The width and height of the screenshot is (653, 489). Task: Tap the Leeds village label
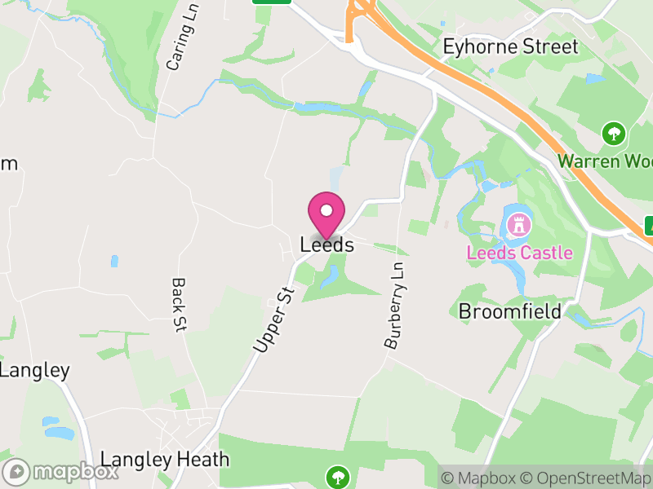coord(326,244)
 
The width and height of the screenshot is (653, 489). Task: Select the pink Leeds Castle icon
coord(518,223)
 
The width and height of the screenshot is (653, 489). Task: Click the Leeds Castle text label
coord(519,253)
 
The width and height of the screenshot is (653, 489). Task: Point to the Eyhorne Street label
coord(510,46)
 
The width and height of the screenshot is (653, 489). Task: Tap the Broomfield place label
coord(509,311)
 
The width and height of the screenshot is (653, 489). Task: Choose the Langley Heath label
coord(165,459)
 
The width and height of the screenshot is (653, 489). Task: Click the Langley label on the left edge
coord(34,370)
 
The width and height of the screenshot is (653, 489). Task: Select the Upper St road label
coord(273,319)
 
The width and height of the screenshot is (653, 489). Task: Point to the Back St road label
coord(179,305)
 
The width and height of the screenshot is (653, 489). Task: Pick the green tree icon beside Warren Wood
coord(613,133)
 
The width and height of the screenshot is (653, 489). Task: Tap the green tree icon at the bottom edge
coord(336,476)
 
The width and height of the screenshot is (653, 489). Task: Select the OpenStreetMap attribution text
coord(585,478)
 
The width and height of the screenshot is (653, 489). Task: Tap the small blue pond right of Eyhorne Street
coord(594,79)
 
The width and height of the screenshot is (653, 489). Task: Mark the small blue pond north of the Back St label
coord(114,262)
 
